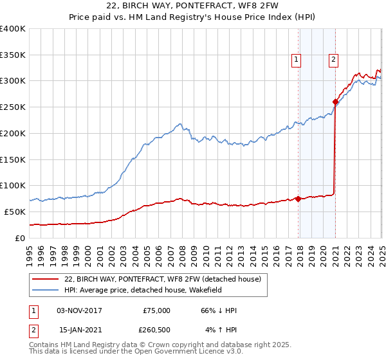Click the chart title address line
(192, 5)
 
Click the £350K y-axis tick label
(13, 55)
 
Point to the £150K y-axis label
(13, 159)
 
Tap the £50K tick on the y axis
(15, 212)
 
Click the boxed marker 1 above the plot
(296, 60)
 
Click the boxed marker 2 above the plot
(334, 60)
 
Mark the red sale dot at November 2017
(299, 199)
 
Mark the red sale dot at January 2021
(335, 101)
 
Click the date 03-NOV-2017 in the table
(80, 310)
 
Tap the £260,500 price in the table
(156, 330)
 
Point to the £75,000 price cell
(156, 310)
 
